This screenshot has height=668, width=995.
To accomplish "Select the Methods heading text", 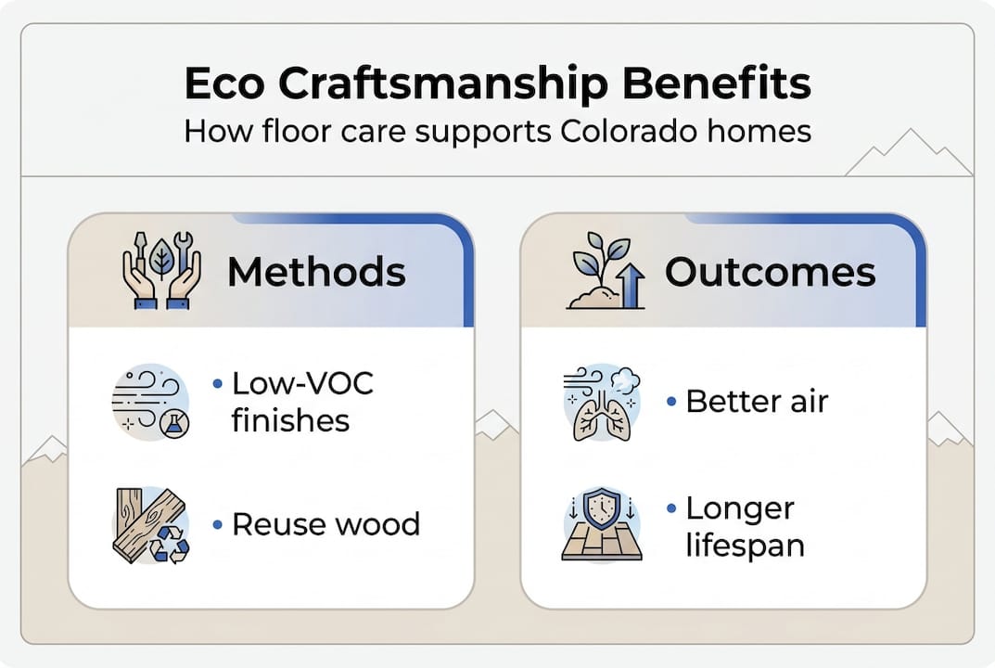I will (316, 272).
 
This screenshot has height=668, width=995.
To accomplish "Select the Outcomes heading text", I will (770, 272).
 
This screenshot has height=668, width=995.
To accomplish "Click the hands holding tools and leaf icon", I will (161, 270).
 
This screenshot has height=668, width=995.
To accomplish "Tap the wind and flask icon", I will (151, 402).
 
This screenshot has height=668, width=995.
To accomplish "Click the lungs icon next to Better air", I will (600, 402).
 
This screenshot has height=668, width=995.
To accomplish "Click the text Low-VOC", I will (301, 383).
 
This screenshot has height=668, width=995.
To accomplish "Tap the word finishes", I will (290, 420).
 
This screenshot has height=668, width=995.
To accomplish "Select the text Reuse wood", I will (325, 524).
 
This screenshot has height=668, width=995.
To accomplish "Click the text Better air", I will (757, 402).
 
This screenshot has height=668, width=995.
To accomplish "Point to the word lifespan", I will (745, 544).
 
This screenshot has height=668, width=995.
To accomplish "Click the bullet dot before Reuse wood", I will (217, 525).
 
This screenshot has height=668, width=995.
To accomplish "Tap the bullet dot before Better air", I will (670, 403).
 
